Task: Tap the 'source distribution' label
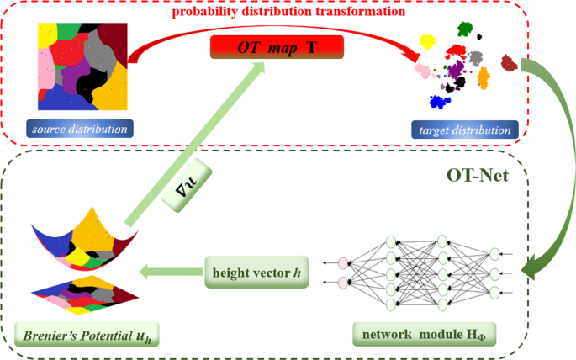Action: (x=80, y=130)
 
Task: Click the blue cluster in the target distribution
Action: (x=437, y=102)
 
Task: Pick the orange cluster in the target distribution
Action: (x=484, y=79)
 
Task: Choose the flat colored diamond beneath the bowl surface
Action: (x=80, y=291)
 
